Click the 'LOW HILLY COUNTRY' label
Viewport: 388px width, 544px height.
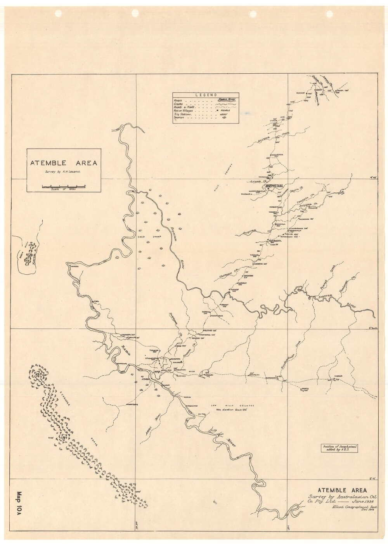[x=232, y=406]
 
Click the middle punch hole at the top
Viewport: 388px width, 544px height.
[x=135, y=13]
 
